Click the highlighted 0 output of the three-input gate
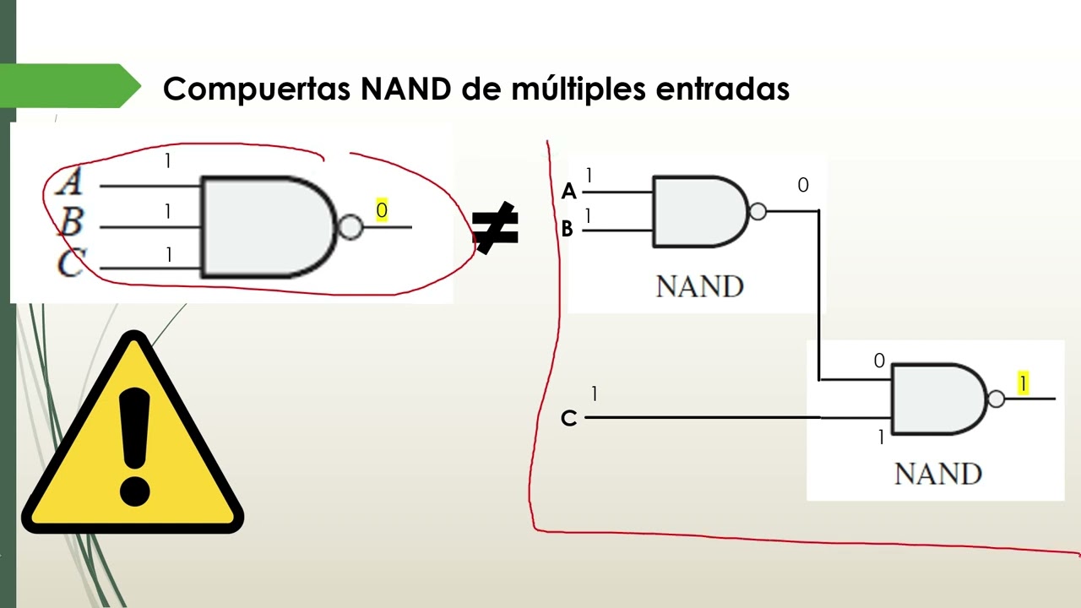382,211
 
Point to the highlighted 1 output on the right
1023,384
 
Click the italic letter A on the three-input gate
70,181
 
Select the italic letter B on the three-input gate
71,222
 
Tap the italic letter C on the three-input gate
71,263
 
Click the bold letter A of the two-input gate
568,192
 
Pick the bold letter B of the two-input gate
568,229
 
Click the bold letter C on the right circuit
568,418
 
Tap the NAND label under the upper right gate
699,287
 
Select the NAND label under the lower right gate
937,474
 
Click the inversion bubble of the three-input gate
350,227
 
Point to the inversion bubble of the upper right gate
758,212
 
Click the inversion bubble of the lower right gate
996,399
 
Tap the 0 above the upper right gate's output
802,185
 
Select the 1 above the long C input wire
595,394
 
